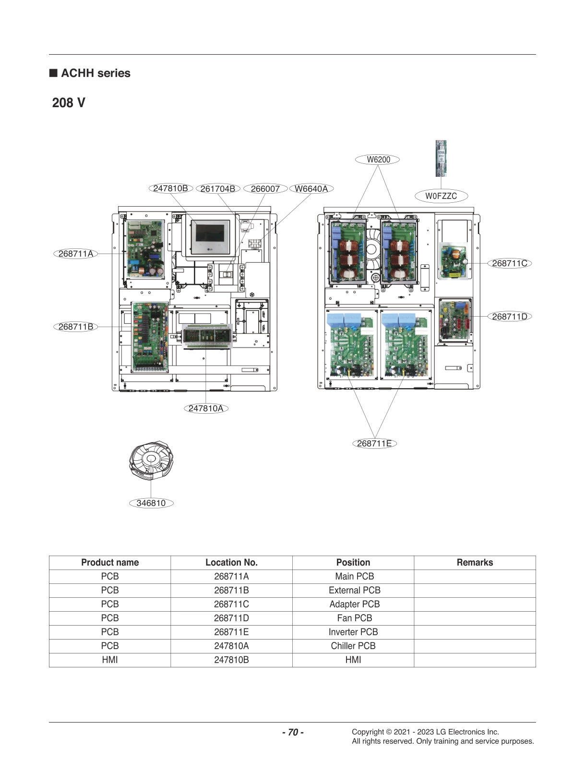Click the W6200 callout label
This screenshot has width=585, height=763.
coord(378,160)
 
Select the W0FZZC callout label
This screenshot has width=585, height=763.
coord(441,196)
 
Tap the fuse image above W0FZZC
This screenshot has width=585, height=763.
coord(441,159)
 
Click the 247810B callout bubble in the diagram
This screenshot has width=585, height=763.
coord(170,188)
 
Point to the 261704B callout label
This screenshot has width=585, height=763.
coord(217,189)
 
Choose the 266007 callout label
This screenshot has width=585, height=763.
coord(265,189)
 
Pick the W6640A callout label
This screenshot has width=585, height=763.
coord(311,189)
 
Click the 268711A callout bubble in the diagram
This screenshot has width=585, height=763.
coord(75,254)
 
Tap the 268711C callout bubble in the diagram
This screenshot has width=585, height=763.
coord(509,263)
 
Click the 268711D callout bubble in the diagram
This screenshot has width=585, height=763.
coord(509,317)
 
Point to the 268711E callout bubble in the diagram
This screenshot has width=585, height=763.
coord(374,443)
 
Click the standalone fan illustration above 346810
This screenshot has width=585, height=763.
coord(151,460)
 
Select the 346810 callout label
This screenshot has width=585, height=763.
coord(151,503)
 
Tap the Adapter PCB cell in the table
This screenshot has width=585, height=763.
coord(354,604)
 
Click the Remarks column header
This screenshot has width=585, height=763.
coord(475,563)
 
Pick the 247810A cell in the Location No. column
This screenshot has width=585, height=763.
coord(231,646)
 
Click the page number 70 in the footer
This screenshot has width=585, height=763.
coord(292,732)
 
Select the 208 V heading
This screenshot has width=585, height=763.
coord(69,103)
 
